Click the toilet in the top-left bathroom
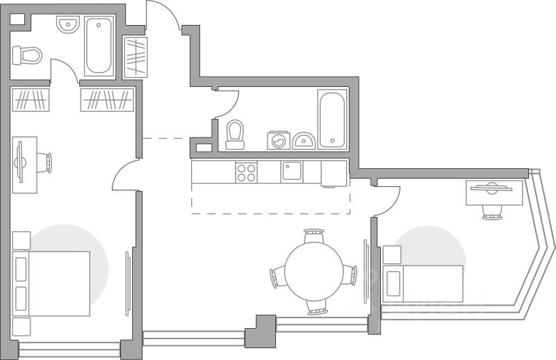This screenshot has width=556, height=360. pyautogui.click(x=27, y=54)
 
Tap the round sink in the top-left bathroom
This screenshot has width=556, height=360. pyautogui.click(x=67, y=26)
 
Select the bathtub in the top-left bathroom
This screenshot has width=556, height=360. pyautogui.click(x=99, y=46)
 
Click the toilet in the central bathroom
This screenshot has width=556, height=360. pyautogui.click(x=235, y=134)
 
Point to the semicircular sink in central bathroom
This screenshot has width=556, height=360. pyautogui.click(x=304, y=140)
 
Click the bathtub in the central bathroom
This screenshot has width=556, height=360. pyautogui.click(x=332, y=118)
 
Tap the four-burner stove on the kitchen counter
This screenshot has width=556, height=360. pyautogui.click(x=246, y=172)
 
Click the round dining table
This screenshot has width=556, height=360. pyautogui.click(x=313, y=272)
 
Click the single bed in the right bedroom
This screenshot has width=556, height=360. pyautogui.click(x=422, y=284)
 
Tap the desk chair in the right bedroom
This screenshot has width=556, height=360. pyautogui.click(x=492, y=209)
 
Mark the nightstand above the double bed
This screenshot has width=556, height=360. pyautogui.click(x=22, y=240)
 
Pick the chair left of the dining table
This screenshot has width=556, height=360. pyautogui.click(x=277, y=276)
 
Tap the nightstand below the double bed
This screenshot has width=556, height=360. pyautogui.click(x=22, y=327)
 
